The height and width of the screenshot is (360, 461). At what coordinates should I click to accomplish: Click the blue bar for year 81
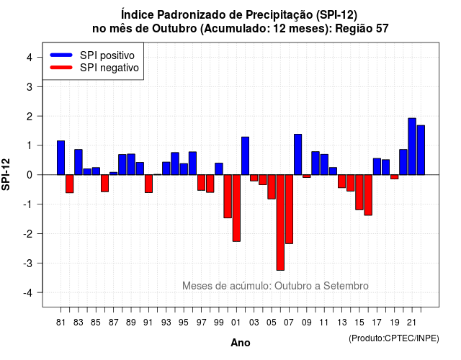(x=61, y=158)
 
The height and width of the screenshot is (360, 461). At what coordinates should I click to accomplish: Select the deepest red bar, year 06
(x=280, y=222)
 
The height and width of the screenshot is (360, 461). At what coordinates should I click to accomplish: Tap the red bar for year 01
(x=236, y=208)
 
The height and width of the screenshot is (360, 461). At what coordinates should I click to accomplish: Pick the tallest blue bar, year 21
(x=412, y=146)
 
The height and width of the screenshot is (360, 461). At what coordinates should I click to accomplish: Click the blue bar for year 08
(x=297, y=155)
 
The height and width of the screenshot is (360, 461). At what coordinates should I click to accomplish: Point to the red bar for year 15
(x=359, y=192)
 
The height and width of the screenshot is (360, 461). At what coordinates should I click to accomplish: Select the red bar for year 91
(x=149, y=184)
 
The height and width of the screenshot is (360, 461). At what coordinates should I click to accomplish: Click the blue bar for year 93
(x=166, y=168)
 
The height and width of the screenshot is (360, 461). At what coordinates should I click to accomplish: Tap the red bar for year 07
(x=290, y=210)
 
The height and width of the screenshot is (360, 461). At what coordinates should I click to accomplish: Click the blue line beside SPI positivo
(x=61, y=55)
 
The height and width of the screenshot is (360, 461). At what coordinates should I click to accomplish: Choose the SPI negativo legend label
(x=109, y=68)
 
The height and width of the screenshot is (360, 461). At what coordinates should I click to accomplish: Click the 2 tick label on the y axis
(x=29, y=117)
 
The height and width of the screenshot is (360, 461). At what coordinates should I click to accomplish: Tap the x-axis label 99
(x=219, y=323)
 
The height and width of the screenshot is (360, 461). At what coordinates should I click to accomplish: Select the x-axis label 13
(x=341, y=323)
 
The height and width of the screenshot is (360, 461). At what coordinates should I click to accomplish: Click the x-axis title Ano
(x=241, y=343)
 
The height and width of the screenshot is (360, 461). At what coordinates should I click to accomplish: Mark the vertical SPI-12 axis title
(x=6, y=174)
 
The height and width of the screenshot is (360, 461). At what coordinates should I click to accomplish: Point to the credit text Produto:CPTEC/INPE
(x=394, y=338)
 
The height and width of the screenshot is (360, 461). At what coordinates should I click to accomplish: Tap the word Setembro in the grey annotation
(x=346, y=286)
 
